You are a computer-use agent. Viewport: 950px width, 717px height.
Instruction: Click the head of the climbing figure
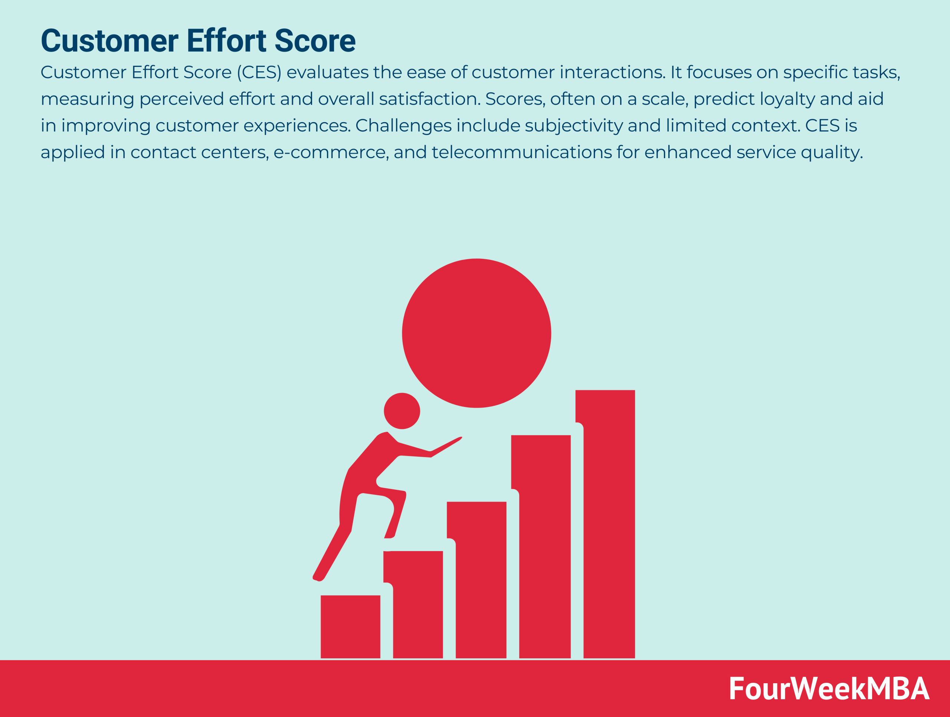pyautogui.click(x=402, y=411)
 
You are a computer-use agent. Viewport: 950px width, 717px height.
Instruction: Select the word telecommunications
pyautogui.click(x=521, y=152)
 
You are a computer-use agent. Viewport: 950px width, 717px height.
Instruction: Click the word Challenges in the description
pyautogui.click(x=403, y=126)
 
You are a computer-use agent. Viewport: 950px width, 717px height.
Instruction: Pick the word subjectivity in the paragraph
pyautogui.click(x=573, y=126)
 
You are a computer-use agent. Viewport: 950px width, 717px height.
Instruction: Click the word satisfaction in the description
pyautogui.click(x=429, y=99)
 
